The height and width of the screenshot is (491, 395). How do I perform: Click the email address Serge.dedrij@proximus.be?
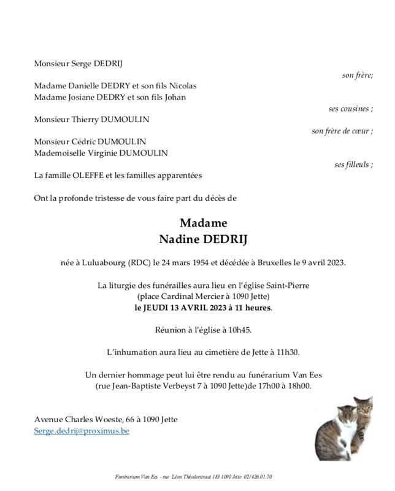[x=82, y=431]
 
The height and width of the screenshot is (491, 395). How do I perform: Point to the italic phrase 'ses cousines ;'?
[x=351, y=109]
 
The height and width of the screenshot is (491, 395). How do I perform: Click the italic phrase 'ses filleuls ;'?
[x=354, y=164]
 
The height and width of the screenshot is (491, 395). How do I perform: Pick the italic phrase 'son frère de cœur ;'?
[x=342, y=131]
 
